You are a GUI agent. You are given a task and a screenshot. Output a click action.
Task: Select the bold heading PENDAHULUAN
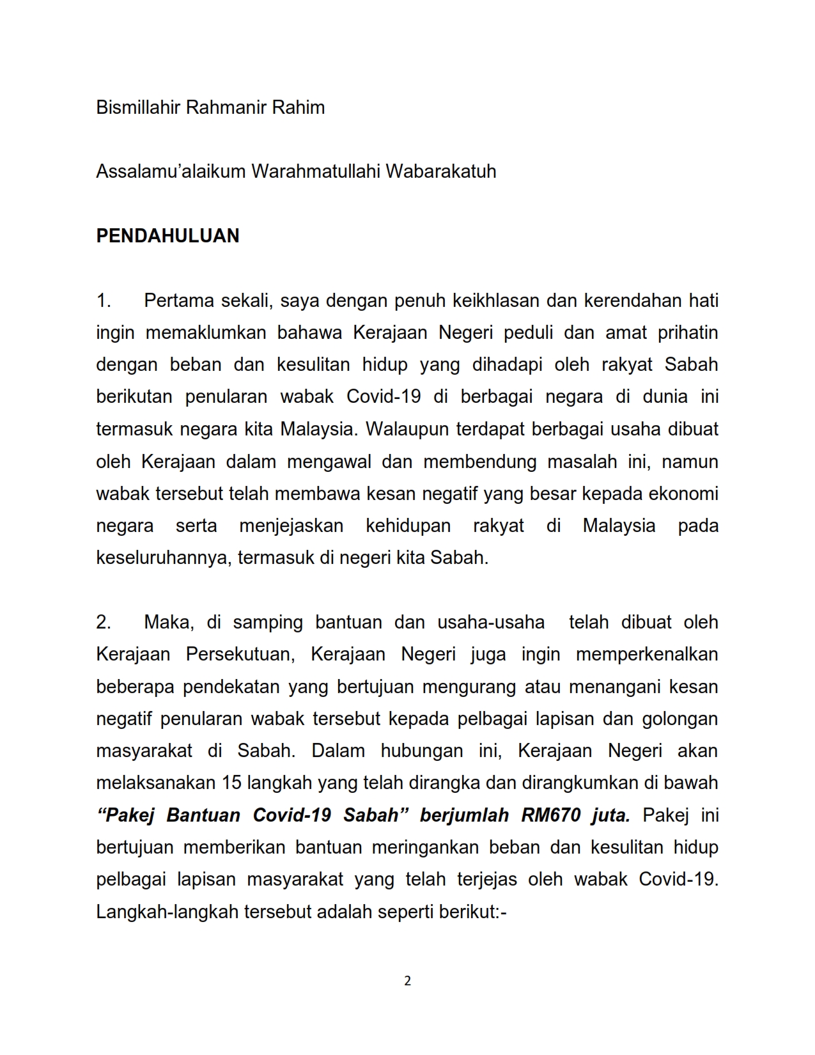(167, 236)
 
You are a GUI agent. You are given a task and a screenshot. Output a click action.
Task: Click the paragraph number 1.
(104, 301)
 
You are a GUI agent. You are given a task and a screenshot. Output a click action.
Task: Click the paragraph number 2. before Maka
(104, 622)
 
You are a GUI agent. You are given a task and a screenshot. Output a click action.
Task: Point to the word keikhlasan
(495, 301)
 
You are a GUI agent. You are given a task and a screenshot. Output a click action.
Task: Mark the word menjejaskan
(291, 526)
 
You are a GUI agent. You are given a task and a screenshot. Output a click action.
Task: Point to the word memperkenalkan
(647, 655)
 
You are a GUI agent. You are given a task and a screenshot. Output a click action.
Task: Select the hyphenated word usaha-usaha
(491, 622)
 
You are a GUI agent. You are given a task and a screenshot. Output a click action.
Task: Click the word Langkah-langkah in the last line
(167, 912)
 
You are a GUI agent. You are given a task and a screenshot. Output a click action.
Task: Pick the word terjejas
(487, 880)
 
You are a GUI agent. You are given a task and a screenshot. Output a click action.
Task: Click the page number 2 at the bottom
(408, 981)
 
